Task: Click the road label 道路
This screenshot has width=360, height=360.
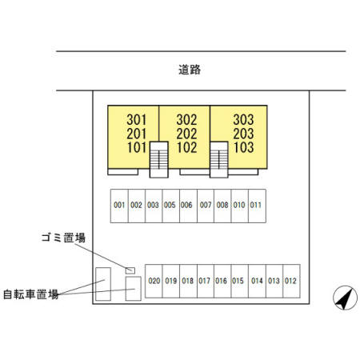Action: (x=190, y=70)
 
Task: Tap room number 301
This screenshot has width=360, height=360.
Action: (x=137, y=120)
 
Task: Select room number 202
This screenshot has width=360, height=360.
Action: (x=186, y=134)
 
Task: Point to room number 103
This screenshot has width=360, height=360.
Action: (x=243, y=147)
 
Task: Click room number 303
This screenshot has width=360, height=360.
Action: (x=243, y=120)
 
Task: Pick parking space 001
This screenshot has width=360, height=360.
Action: (x=119, y=206)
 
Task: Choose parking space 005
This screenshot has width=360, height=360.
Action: (x=170, y=206)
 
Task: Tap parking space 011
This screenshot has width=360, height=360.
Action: (x=257, y=206)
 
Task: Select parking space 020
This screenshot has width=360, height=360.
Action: (x=154, y=281)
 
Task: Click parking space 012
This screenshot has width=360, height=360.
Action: (x=291, y=281)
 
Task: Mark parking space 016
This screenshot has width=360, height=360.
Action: (x=222, y=281)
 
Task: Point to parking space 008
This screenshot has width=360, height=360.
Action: (x=222, y=206)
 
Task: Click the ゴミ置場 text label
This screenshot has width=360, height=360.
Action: (x=63, y=238)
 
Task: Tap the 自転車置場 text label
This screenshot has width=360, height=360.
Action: (x=31, y=294)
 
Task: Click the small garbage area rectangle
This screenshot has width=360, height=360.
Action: (x=130, y=270)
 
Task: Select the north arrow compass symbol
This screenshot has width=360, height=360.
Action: (x=345, y=298)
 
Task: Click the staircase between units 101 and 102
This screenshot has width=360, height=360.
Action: (x=159, y=159)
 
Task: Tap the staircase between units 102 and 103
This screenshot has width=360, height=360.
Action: (x=219, y=159)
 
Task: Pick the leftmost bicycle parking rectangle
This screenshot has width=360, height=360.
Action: (x=103, y=284)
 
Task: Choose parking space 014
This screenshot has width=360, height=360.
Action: (x=257, y=281)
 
